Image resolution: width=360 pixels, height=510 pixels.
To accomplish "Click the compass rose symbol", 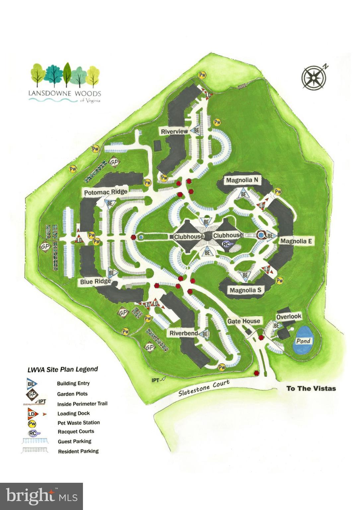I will click(x=314, y=77).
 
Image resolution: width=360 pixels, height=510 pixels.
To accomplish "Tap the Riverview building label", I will click(x=175, y=131).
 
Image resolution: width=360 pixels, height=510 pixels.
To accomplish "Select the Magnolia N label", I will click(x=242, y=180).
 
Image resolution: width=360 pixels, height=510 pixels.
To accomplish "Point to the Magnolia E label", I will click(x=296, y=241).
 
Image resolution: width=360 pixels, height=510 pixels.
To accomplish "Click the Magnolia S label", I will click(x=246, y=290).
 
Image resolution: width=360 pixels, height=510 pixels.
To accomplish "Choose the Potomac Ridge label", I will click(x=106, y=192).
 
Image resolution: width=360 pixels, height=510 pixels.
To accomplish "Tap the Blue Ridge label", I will click(x=95, y=282).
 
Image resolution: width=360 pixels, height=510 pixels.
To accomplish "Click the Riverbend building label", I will click(x=184, y=333).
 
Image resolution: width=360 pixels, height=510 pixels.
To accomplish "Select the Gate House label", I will click(x=244, y=321).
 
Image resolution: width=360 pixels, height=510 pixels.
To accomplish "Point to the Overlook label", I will click(x=289, y=316).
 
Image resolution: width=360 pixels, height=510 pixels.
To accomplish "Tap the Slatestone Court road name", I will click(x=204, y=388).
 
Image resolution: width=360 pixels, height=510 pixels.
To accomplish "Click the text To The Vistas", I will click(x=311, y=388).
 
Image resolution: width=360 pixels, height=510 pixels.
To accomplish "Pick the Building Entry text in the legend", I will click(x=73, y=383).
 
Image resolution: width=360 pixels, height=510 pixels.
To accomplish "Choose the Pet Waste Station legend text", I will click(x=79, y=423).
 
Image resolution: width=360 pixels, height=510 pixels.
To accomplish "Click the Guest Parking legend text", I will click(x=74, y=441).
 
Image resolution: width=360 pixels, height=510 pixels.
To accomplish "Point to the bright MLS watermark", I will click(x=41, y=496).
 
